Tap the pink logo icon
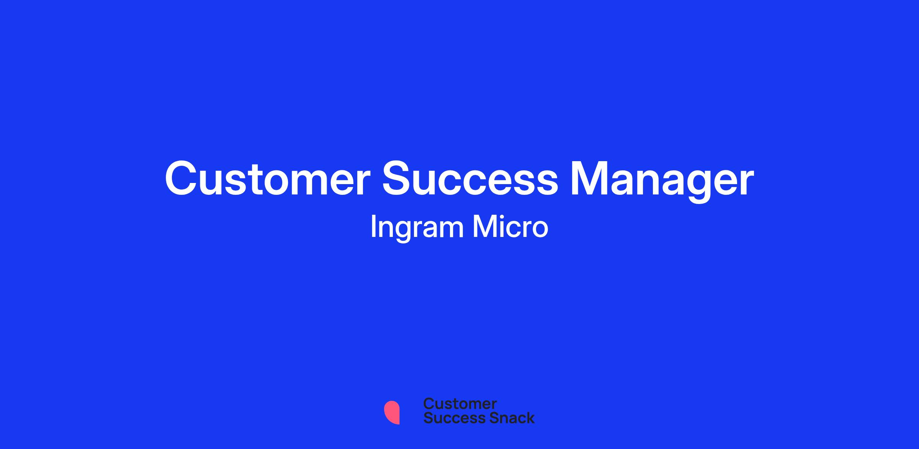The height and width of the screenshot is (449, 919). [x=392, y=412]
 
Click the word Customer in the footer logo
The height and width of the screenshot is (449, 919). [x=460, y=404]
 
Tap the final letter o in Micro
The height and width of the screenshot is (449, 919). [x=540, y=230]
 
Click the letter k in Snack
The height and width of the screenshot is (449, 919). [x=530, y=418]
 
